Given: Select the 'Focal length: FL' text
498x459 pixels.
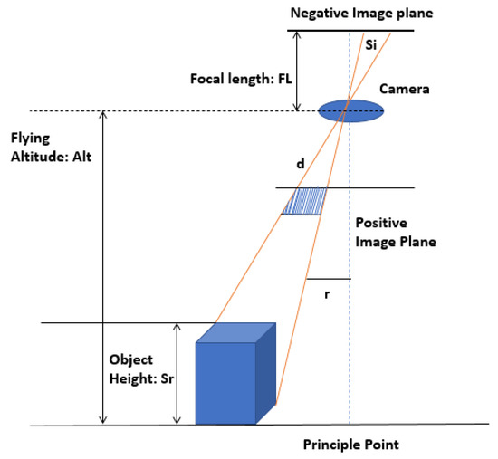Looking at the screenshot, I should tap(239, 79).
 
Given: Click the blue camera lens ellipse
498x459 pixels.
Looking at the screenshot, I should tap(350, 111).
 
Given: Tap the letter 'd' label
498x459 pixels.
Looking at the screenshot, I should tap(300, 165).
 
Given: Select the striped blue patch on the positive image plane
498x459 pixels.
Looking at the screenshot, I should tap(304, 201).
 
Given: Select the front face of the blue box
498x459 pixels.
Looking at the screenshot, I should tap(225, 384).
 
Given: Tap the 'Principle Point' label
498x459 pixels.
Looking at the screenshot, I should tap(350, 445).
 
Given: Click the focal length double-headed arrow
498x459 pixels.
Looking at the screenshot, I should tap(298, 72).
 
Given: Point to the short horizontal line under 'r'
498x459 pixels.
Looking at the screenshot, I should tap(328, 279).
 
